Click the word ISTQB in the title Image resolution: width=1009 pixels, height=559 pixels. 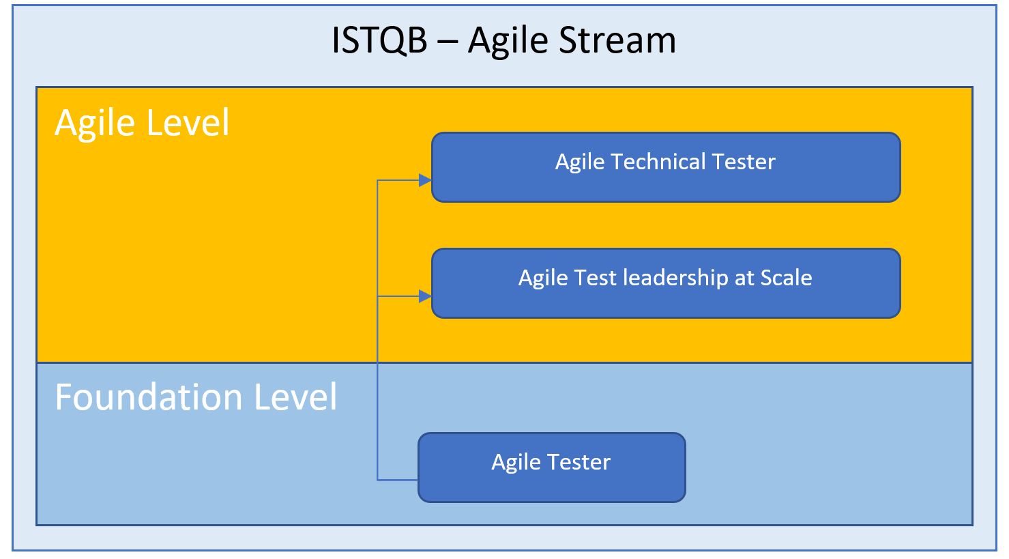click(x=379, y=40)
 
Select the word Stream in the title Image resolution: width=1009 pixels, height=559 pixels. click(x=617, y=40)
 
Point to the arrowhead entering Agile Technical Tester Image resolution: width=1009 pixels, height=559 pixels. click(x=425, y=181)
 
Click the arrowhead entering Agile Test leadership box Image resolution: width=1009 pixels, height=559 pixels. click(x=425, y=296)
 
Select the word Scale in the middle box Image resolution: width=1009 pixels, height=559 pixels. click(x=786, y=278)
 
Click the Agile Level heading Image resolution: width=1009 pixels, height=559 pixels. click(x=142, y=124)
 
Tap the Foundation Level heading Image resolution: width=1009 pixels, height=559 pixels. click(x=196, y=397)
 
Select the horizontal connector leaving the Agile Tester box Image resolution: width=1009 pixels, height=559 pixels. click(x=398, y=480)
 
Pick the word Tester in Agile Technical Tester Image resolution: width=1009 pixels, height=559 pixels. click(x=743, y=162)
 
